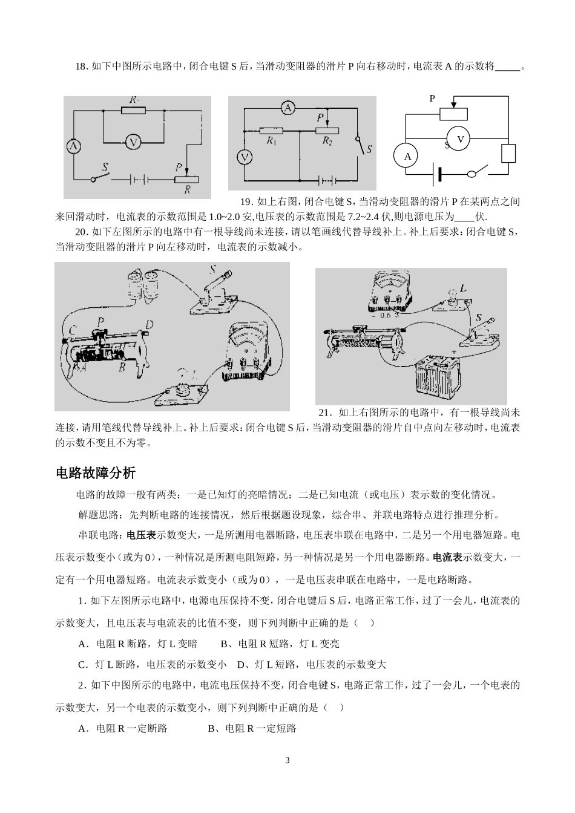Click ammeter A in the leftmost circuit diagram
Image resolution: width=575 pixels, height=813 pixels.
coord(73,146)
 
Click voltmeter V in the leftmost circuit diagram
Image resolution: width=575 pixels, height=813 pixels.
coord(133,143)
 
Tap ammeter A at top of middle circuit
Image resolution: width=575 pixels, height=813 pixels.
coord(289,108)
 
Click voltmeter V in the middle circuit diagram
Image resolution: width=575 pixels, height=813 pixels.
coord(245,157)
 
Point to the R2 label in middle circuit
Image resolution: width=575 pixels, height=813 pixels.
coord(327,142)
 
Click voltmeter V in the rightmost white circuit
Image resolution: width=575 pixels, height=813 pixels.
coord(459,139)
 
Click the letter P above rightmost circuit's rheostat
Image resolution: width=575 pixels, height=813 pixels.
coord(432,98)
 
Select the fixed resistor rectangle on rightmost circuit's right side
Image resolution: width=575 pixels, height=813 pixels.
coord(508,154)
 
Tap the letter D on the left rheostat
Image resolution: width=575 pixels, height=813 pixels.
coord(149,325)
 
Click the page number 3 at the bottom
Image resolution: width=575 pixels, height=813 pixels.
coord(287,760)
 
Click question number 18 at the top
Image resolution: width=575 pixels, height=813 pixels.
coord(82,67)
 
